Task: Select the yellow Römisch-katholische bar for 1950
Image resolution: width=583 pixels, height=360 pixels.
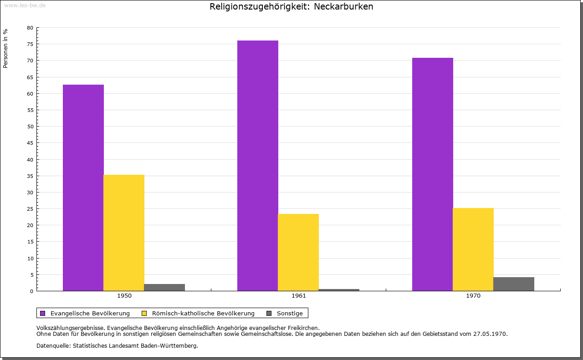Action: coord(124,233)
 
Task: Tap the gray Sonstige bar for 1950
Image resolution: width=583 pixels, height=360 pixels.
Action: coord(164,287)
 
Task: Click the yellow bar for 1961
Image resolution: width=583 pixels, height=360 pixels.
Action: coord(298,252)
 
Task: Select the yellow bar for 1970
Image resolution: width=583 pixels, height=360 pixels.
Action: coord(473,249)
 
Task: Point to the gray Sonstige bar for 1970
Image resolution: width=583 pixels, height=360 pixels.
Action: coord(514,284)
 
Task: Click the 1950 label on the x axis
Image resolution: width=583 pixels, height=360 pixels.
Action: coord(124,296)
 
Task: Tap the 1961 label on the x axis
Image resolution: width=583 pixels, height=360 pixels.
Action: coord(299,296)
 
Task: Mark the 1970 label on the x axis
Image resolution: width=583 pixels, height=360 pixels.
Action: coord(473,296)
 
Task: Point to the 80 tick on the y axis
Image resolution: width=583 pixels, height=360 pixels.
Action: coord(30,28)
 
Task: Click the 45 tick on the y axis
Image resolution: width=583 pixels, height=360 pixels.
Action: coord(30,143)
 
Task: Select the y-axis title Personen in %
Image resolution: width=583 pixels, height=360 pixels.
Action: coord(5,48)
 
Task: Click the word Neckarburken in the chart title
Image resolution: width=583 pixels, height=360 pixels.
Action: coord(343,7)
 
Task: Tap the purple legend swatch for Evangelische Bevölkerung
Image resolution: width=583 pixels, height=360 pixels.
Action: coord(43,313)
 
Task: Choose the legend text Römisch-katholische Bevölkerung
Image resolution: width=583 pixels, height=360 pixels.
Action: coord(203,313)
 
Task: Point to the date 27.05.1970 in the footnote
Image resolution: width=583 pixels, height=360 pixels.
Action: coord(489,334)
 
